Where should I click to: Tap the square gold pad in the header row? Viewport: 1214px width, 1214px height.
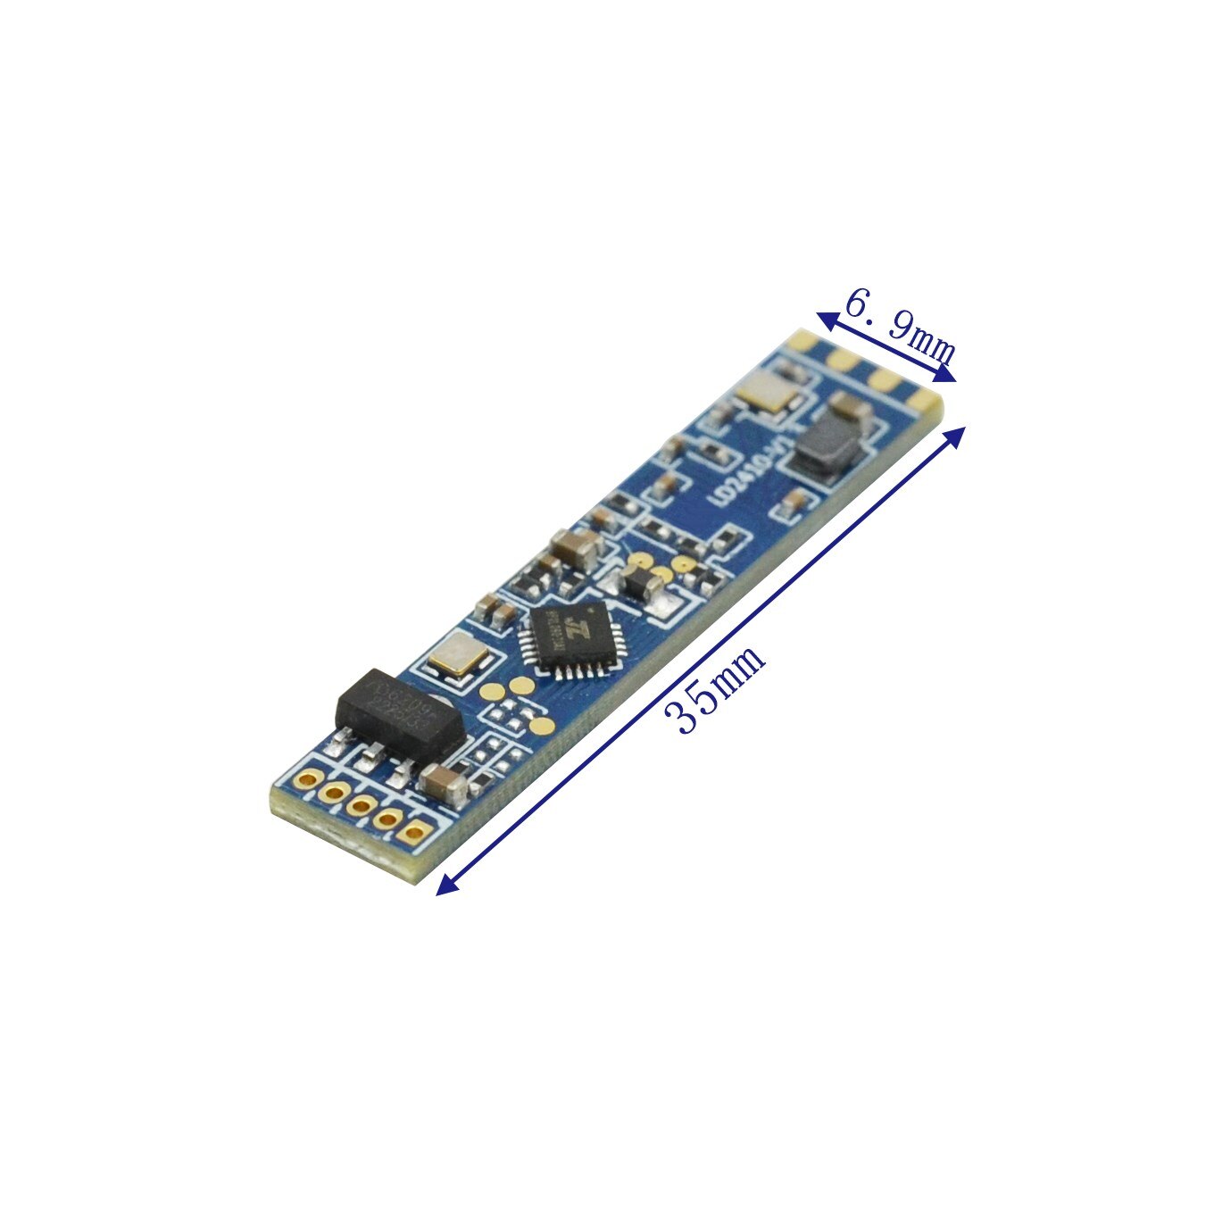tap(414, 835)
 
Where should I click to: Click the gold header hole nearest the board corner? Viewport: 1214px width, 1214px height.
tap(306, 779)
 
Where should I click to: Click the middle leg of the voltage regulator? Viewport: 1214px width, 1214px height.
tap(367, 760)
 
